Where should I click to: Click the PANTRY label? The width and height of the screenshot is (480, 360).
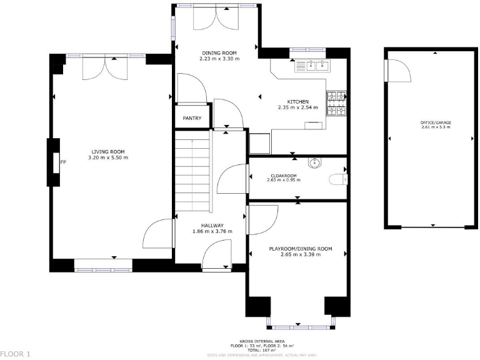coord(191,118)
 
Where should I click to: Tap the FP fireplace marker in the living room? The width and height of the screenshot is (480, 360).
coord(62,163)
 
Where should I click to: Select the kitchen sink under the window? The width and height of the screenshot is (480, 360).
coord(313,64)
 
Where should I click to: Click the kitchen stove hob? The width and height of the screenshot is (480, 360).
coord(336,104)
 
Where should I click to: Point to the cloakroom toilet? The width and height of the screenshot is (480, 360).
coord(338,180)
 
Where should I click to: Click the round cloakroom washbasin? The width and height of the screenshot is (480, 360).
coord(315,163)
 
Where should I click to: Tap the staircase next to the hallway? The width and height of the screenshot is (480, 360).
coord(191,175)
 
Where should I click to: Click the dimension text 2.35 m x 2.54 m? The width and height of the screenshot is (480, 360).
coord(297,107)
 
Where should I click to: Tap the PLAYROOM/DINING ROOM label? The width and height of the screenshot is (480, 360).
coord(300,249)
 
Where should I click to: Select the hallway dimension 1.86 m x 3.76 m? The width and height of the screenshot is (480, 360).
coord(212,231)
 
